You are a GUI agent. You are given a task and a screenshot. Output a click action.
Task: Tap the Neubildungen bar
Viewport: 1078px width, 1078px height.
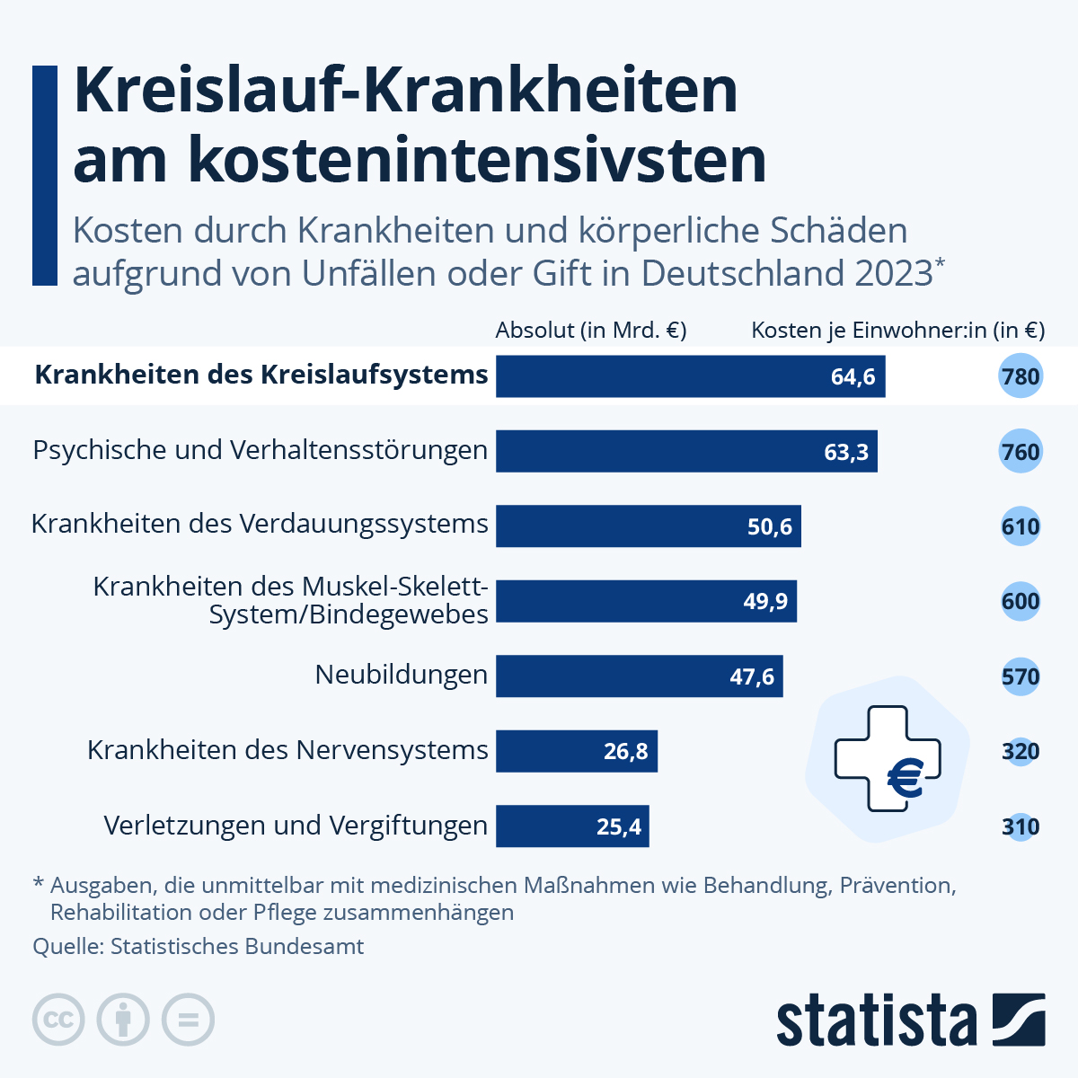pos(639,676)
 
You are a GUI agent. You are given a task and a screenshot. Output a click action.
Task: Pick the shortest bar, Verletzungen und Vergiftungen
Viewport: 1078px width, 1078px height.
pos(572,826)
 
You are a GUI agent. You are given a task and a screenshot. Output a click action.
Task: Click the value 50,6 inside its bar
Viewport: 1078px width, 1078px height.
pos(770,526)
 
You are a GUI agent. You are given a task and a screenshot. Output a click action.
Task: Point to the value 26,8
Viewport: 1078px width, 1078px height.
pos(625,751)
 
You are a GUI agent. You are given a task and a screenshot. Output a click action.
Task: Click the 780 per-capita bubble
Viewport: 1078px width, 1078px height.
pos(1021,376)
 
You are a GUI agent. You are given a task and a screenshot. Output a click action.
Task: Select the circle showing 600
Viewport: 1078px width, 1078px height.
pos(1021,601)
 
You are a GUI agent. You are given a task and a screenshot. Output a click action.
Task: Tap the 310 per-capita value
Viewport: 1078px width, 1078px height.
pos(1021,826)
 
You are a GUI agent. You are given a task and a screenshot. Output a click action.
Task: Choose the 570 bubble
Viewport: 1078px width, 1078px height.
pos(1021,676)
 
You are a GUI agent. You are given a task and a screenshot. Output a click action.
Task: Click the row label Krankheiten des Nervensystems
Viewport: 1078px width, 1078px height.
pos(287,750)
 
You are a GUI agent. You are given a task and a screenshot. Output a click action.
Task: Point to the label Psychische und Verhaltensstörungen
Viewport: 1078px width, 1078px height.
pos(261,450)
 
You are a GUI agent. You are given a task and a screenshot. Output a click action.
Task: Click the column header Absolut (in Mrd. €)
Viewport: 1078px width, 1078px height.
pos(591,330)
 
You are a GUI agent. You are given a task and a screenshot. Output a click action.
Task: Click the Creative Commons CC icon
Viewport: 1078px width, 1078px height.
pos(58,1020)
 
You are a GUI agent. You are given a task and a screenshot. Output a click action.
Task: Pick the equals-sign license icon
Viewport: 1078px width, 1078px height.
pos(188,1020)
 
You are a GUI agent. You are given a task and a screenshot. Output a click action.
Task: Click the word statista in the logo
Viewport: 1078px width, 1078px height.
pos(876,1021)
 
